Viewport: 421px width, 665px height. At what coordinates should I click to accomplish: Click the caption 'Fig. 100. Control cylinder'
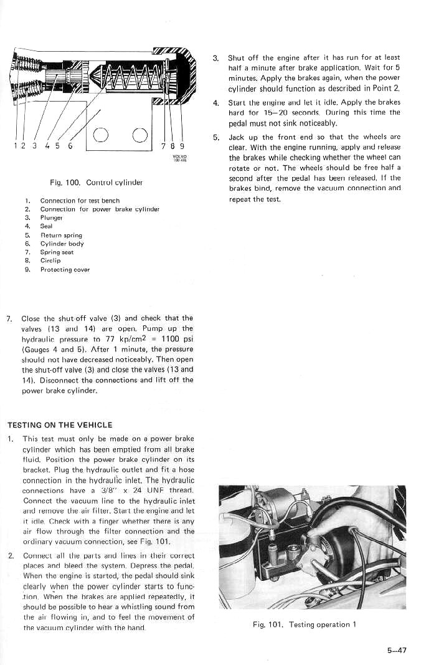(97, 183)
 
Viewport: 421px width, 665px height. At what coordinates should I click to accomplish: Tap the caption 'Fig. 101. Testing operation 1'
(305, 624)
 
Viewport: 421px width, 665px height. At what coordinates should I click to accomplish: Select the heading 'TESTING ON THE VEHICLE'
(60, 425)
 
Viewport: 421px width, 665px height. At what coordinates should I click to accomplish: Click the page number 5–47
(396, 650)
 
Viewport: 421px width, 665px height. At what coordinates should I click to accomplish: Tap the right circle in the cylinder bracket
(140, 135)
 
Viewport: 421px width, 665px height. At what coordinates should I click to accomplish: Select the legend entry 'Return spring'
(61, 236)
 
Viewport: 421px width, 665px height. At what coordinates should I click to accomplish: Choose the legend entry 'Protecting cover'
(65, 270)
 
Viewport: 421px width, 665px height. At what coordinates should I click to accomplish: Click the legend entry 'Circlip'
(50, 261)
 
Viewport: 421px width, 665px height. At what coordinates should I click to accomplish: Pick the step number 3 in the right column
(215, 58)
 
